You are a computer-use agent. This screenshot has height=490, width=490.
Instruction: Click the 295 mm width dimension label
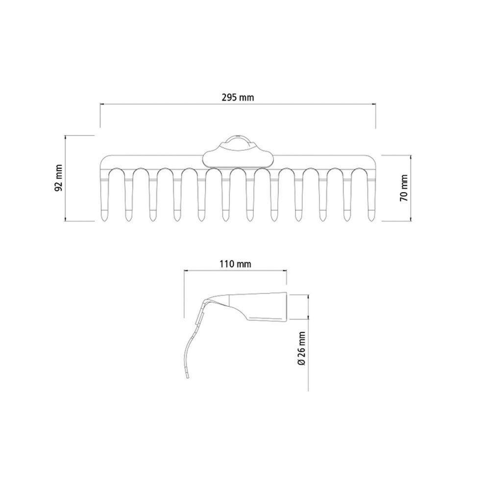coord(238,98)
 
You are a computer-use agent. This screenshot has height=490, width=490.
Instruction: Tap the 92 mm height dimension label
coord(58,178)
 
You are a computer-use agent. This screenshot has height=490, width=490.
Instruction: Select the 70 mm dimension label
coord(404,188)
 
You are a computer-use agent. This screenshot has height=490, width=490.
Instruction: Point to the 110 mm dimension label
coord(235,264)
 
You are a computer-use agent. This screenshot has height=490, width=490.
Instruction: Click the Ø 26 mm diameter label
coord(301,348)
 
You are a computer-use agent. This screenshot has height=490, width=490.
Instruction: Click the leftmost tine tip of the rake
coord(104,220)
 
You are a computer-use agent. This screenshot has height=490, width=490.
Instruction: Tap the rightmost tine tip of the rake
coord(371,220)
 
